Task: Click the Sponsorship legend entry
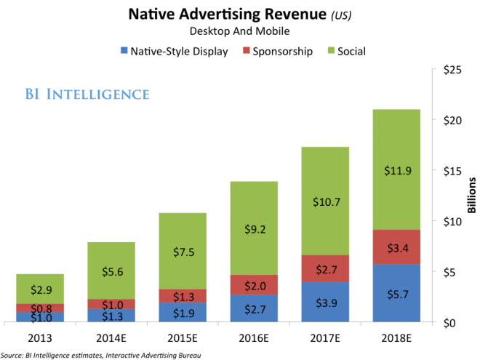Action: point(281,52)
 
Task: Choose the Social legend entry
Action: point(351,52)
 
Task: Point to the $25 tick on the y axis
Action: point(452,69)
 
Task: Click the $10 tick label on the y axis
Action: point(452,221)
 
